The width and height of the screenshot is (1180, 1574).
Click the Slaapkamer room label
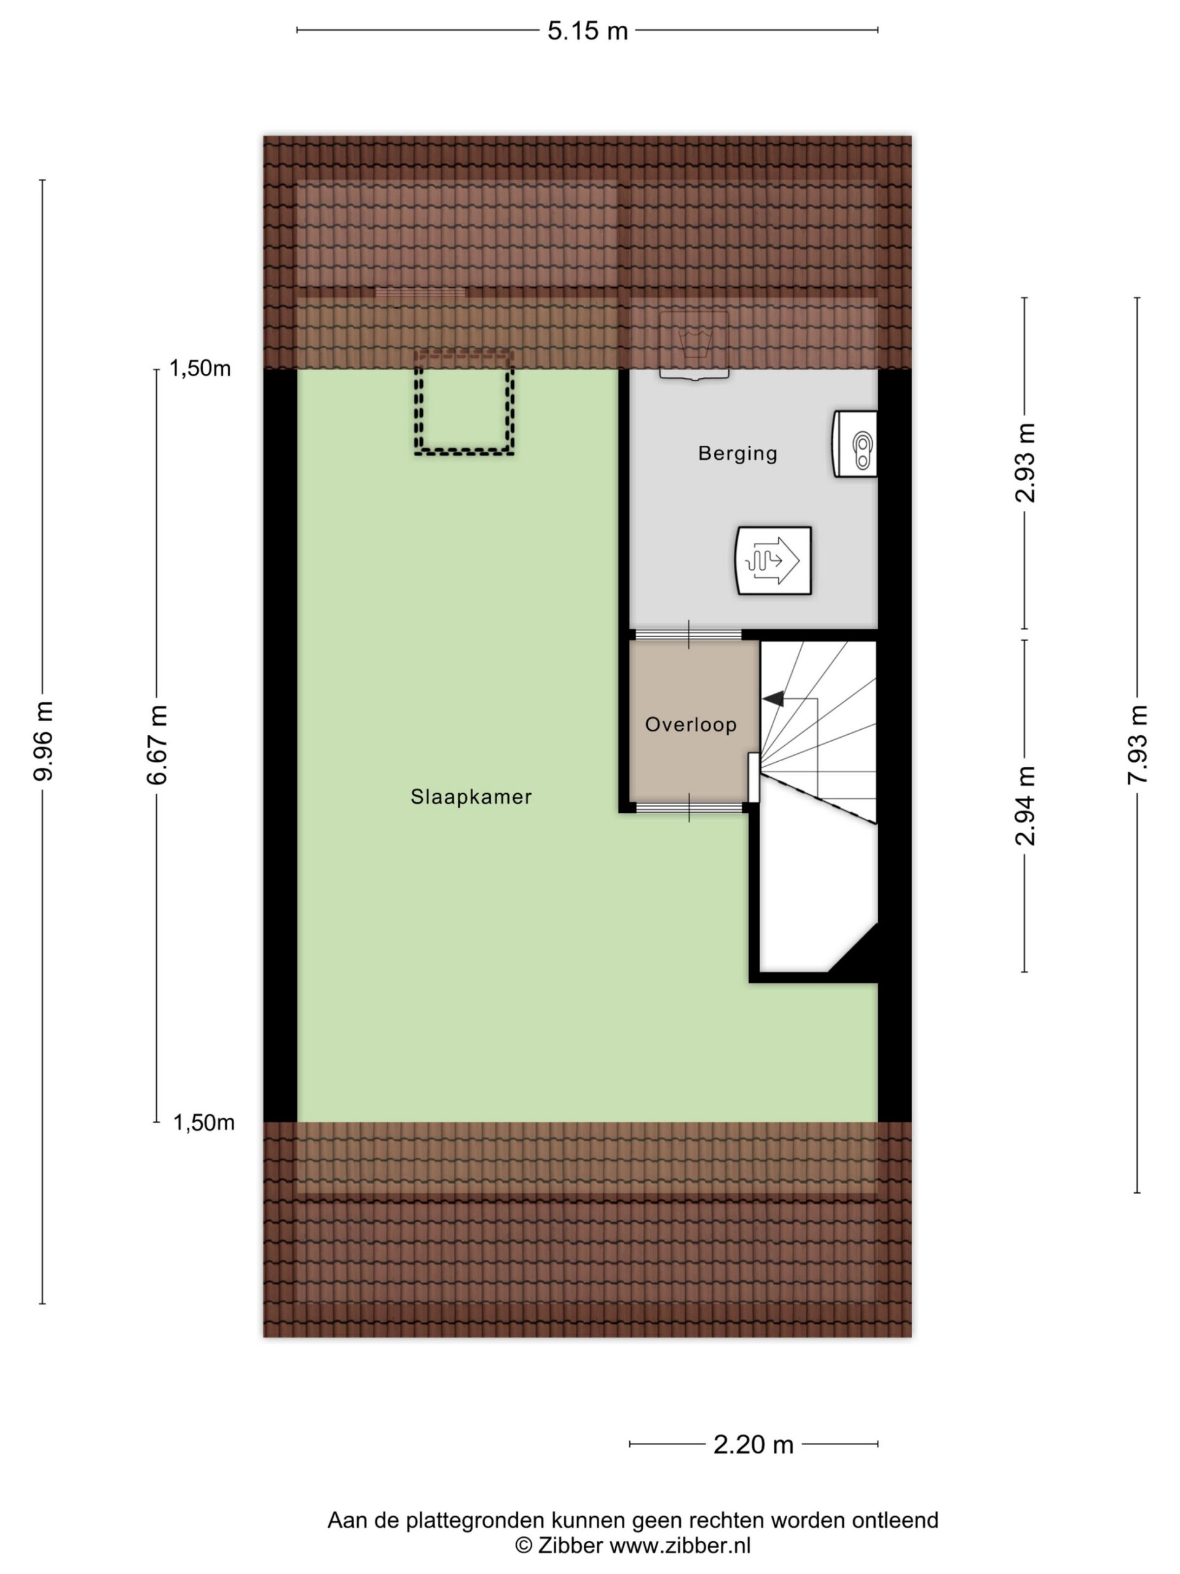tap(471, 797)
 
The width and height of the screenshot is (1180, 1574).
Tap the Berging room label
tap(737, 453)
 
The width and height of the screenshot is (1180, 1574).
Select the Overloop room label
tap(691, 724)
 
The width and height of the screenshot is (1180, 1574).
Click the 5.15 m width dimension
tap(588, 31)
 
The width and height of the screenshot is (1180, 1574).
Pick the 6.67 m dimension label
tap(157, 745)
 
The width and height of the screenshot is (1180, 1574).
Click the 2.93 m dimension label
tap(1025, 462)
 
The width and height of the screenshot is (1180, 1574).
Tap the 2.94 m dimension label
tap(1025, 805)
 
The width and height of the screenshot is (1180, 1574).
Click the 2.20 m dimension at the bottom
tap(753, 1444)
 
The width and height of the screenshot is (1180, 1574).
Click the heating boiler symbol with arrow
tap(773, 560)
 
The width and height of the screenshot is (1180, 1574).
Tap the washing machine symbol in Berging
tap(694, 345)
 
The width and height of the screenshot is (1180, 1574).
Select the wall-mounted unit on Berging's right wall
tap(854, 443)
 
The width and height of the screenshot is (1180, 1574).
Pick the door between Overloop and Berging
tap(688, 635)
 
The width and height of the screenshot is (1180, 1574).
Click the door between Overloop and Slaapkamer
tap(688, 808)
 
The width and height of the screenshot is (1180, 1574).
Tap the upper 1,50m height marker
tap(200, 368)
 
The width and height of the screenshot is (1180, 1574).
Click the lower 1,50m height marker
tap(204, 1122)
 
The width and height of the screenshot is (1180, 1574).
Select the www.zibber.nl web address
tap(680, 1546)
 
